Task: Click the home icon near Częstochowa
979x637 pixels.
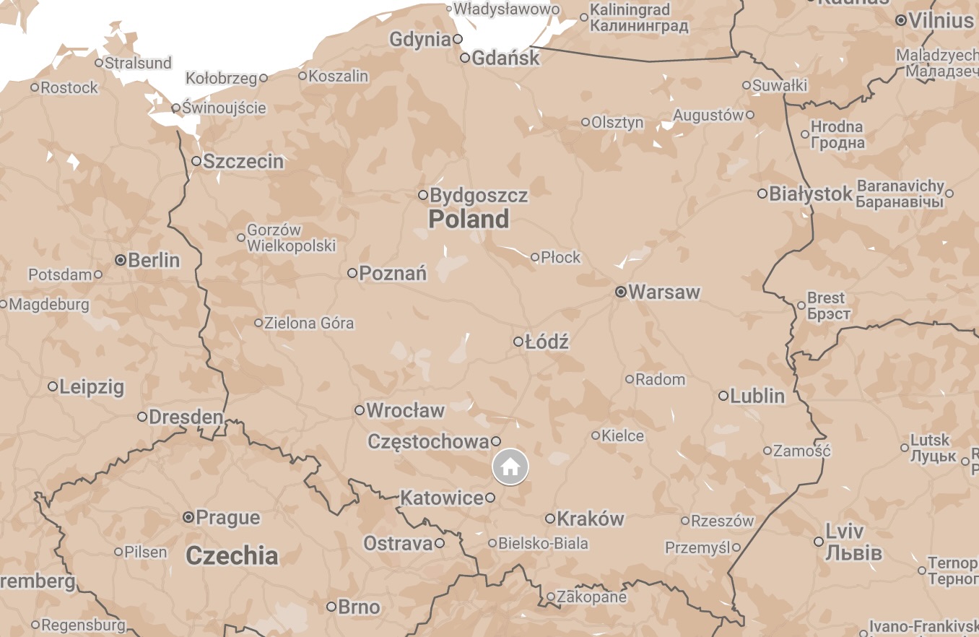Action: (x=510, y=467)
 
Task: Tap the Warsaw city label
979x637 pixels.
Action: (x=664, y=292)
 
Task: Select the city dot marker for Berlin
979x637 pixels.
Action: (x=121, y=259)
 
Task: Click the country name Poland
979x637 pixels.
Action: (x=469, y=219)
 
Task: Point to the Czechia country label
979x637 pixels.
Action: (x=232, y=555)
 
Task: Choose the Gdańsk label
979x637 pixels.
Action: (x=505, y=58)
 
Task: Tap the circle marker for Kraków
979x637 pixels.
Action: (x=550, y=519)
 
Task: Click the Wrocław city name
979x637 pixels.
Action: (x=405, y=410)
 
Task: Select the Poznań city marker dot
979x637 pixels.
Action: (x=352, y=273)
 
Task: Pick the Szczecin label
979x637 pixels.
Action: (x=243, y=161)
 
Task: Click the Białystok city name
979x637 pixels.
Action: (x=811, y=194)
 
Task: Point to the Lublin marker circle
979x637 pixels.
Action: (x=723, y=396)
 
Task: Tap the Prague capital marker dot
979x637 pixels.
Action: (x=188, y=517)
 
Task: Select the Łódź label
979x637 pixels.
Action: (x=547, y=342)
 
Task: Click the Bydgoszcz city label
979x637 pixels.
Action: (x=479, y=195)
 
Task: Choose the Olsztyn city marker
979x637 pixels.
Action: (x=586, y=122)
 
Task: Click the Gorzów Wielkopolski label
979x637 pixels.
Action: (x=291, y=238)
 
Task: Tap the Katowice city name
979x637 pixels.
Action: (x=441, y=498)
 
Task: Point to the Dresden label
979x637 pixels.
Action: (x=186, y=417)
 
